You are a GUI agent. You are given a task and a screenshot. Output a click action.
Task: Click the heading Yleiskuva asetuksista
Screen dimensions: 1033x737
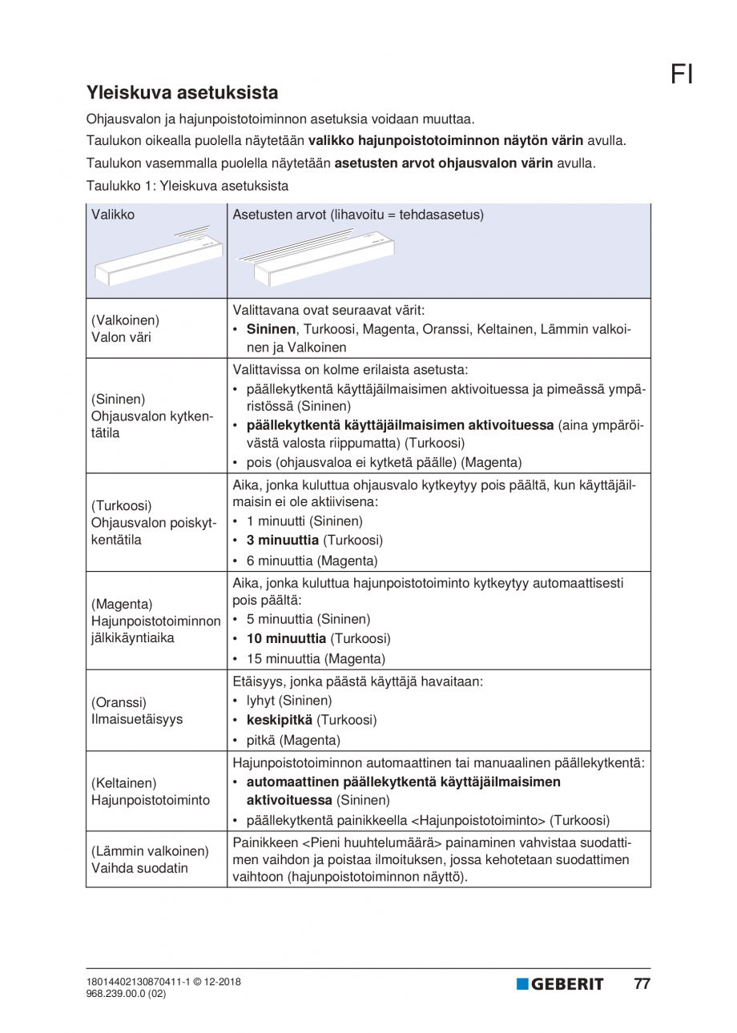coord(182,92)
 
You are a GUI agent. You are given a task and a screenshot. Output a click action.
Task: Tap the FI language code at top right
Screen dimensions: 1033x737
coord(682,74)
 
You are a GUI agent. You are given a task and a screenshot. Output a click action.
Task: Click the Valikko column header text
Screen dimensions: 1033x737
coord(113,215)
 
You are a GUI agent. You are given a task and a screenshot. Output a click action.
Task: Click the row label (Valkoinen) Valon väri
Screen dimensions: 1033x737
coord(126,328)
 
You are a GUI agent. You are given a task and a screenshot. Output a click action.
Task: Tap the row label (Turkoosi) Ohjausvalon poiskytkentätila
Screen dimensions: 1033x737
coord(152,523)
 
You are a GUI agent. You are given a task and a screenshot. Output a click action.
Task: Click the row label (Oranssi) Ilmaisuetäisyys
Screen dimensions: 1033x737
coord(135,710)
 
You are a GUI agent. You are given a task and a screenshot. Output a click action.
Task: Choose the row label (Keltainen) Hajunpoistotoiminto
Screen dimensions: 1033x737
coord(150,791)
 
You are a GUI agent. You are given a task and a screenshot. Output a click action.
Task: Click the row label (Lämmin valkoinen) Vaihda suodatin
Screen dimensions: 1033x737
coord(150,859)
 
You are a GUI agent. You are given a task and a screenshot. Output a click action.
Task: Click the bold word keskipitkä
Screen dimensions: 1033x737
coord(280,719)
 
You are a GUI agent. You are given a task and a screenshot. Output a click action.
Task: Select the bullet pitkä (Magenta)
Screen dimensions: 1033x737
coord(293,739)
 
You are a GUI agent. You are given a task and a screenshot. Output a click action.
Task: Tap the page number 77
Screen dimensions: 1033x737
coord(642,984)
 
